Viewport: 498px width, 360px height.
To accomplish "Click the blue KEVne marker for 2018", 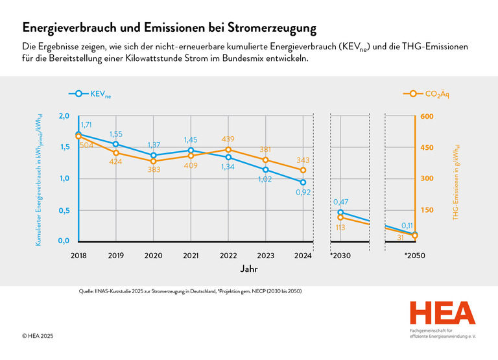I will click(x=78, y=134).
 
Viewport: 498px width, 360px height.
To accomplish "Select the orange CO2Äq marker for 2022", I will click(x=228, y=149).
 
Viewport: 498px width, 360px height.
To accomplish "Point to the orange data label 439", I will click(x=228, y=139).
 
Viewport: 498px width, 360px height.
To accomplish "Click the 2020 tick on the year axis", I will click(x=153, y=256).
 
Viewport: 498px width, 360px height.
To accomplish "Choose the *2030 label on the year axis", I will click(x=340, y=256).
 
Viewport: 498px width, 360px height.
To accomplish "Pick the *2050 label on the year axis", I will click(x=414, y=256).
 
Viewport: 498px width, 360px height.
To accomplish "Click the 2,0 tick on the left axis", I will click(x=64, y=116).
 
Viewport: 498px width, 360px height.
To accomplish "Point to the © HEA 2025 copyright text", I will click(x=38, y=336).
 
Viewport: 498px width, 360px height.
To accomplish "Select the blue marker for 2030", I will click(x=340, y=212).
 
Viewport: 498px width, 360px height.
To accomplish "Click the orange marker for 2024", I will click(x=303, y=170).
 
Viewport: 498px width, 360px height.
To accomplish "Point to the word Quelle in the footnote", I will click(x=86, y=291).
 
